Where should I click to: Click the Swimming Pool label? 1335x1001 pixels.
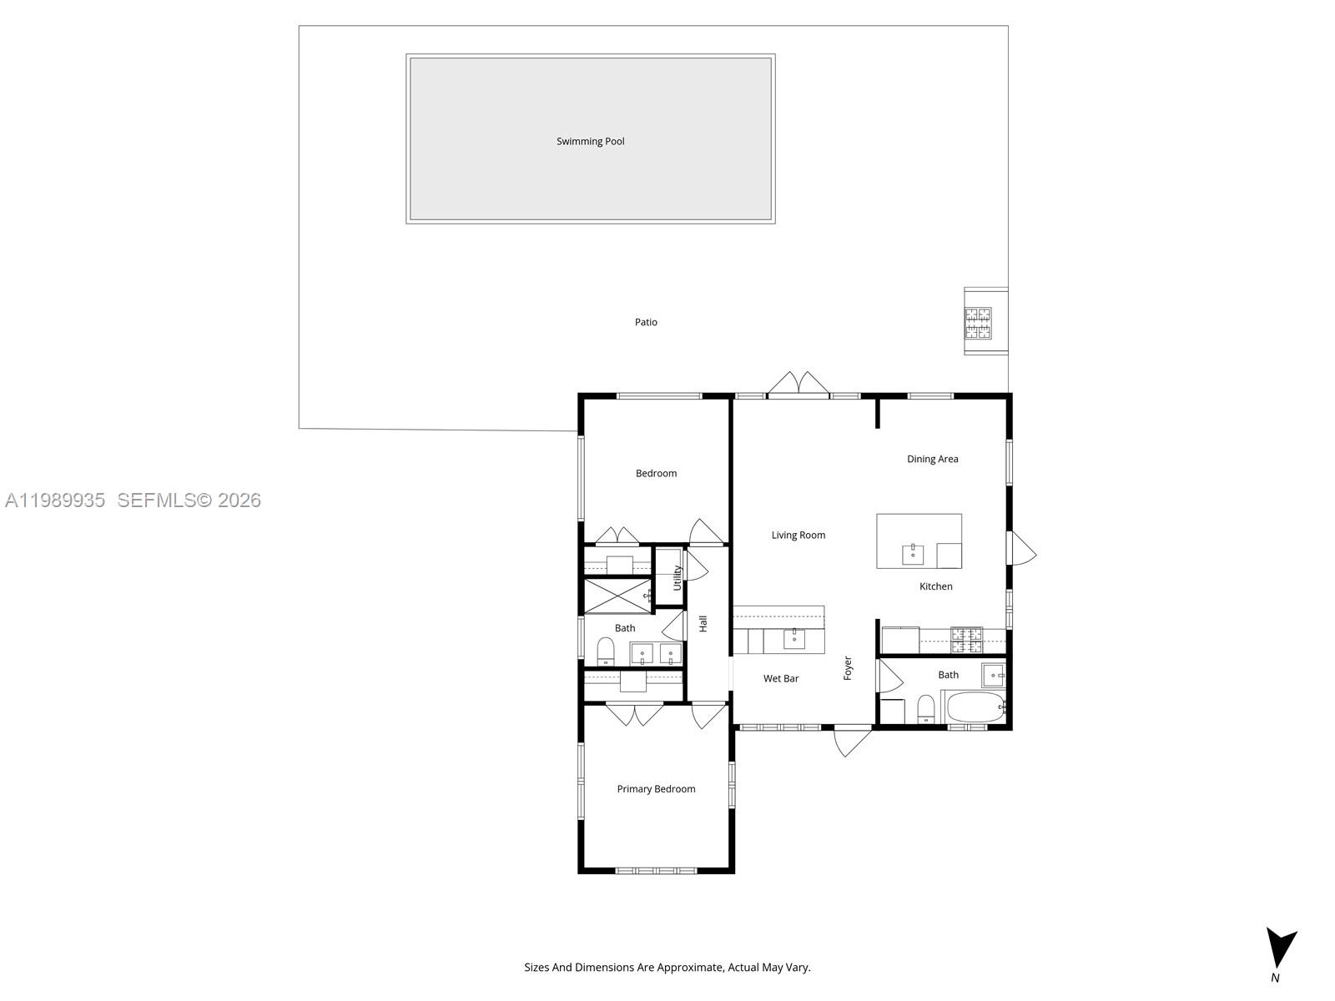click(x=590, y=141)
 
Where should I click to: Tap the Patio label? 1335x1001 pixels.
click(x=646, y=322)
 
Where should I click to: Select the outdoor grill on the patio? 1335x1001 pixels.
click(x=979, y=323)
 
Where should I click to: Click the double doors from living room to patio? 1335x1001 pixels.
click(x=798, y=385)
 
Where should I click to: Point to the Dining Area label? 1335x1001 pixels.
click(x=932, y=459)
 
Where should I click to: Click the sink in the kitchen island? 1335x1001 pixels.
click(x=912, y=554)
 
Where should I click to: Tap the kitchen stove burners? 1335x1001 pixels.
click(x=966, y=640)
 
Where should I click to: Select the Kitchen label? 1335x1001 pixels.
click(x=935, y=586)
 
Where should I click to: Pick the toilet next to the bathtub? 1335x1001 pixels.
click(x=925, y=709)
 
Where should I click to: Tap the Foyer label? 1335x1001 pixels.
click(x=848, y=668)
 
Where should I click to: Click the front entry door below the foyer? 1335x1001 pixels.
click(x=853, y=739)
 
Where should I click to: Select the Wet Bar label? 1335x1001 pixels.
click(x=781, y=678)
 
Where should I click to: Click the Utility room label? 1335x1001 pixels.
click(x=678, y=577)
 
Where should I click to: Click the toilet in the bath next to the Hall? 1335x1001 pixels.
click(x=606, y=651)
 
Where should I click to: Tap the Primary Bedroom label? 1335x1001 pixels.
click(x=656, y=789)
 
